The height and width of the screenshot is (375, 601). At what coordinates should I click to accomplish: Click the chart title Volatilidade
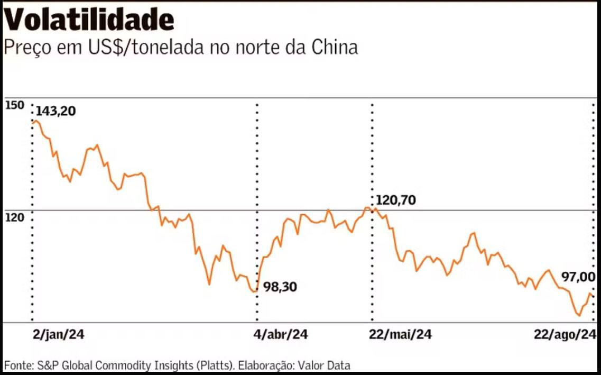point(89,20)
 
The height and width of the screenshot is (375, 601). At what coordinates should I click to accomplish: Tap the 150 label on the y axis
point(14,105)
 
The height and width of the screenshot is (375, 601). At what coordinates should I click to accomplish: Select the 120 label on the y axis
point(14,217)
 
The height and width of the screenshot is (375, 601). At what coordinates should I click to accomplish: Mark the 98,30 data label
point(280,287)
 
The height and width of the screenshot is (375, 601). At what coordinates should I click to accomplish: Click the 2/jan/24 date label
point(58,335)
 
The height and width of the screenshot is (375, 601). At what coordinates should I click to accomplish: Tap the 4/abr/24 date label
point(281,335)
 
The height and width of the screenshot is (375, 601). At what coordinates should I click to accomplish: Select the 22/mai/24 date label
point(400,335)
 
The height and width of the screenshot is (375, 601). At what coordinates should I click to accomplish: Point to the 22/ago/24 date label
point(565,335)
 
